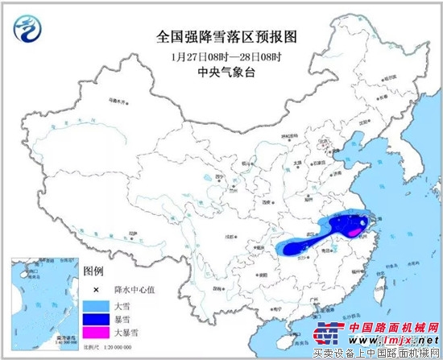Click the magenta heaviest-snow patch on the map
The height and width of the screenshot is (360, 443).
coord(354,233)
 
